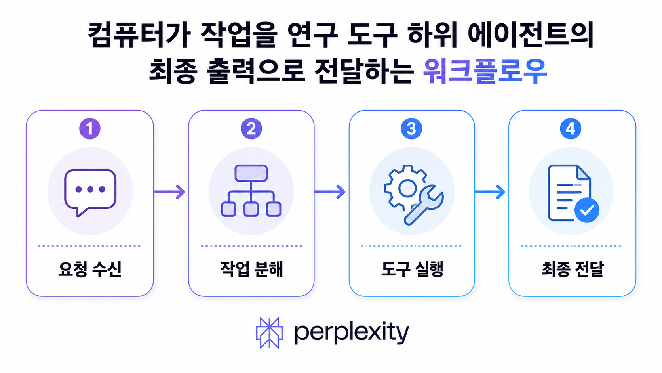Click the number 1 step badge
[x=90, y=129]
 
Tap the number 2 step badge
[x=251, y=129]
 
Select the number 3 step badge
[x=411, y=129]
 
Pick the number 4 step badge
[x=571, y=129]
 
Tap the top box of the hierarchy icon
[x=251, y=173]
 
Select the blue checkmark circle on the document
[x=587, y=210]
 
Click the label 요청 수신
[x=90, y=269]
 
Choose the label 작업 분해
[x=251, y=269]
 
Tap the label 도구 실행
[x=412, y=269]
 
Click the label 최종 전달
[x=572, y=269]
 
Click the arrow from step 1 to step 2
[x=169, y=192]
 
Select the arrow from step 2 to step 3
[x=330, y=192]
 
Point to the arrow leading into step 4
[x=490, y=192]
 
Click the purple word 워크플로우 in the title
[x=485, y=71]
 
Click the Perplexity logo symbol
[x=269, y=333]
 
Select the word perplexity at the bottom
[x=352, y=333]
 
